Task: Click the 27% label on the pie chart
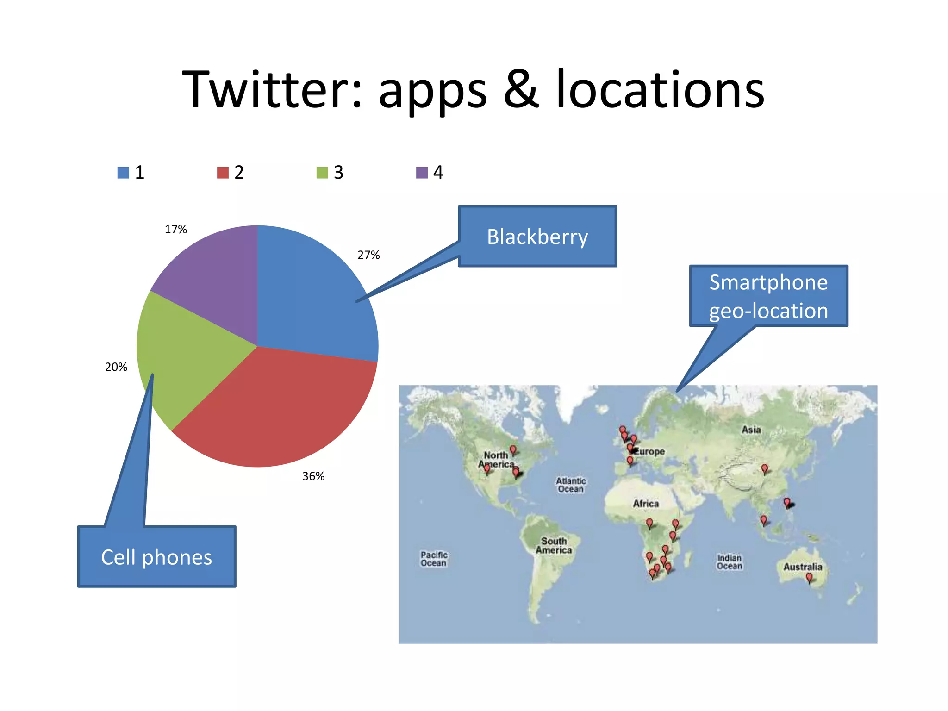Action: [368, 255]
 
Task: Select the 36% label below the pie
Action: [313, 476]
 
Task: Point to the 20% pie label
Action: [116, 367]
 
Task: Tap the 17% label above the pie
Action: [176, 230]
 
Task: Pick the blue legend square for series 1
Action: [123, 173]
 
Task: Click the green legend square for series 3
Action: [322, 173]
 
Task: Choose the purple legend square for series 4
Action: [422, 173]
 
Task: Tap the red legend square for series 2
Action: [223, 173]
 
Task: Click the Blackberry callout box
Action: [537, 237]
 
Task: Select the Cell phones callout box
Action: [156, 557]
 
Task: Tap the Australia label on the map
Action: [803, 567]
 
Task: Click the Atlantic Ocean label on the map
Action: [571, 485]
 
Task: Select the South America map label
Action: [554, 545]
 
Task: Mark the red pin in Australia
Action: [809, 577]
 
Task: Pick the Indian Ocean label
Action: [730, 561]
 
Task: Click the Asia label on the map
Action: [751, 430]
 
